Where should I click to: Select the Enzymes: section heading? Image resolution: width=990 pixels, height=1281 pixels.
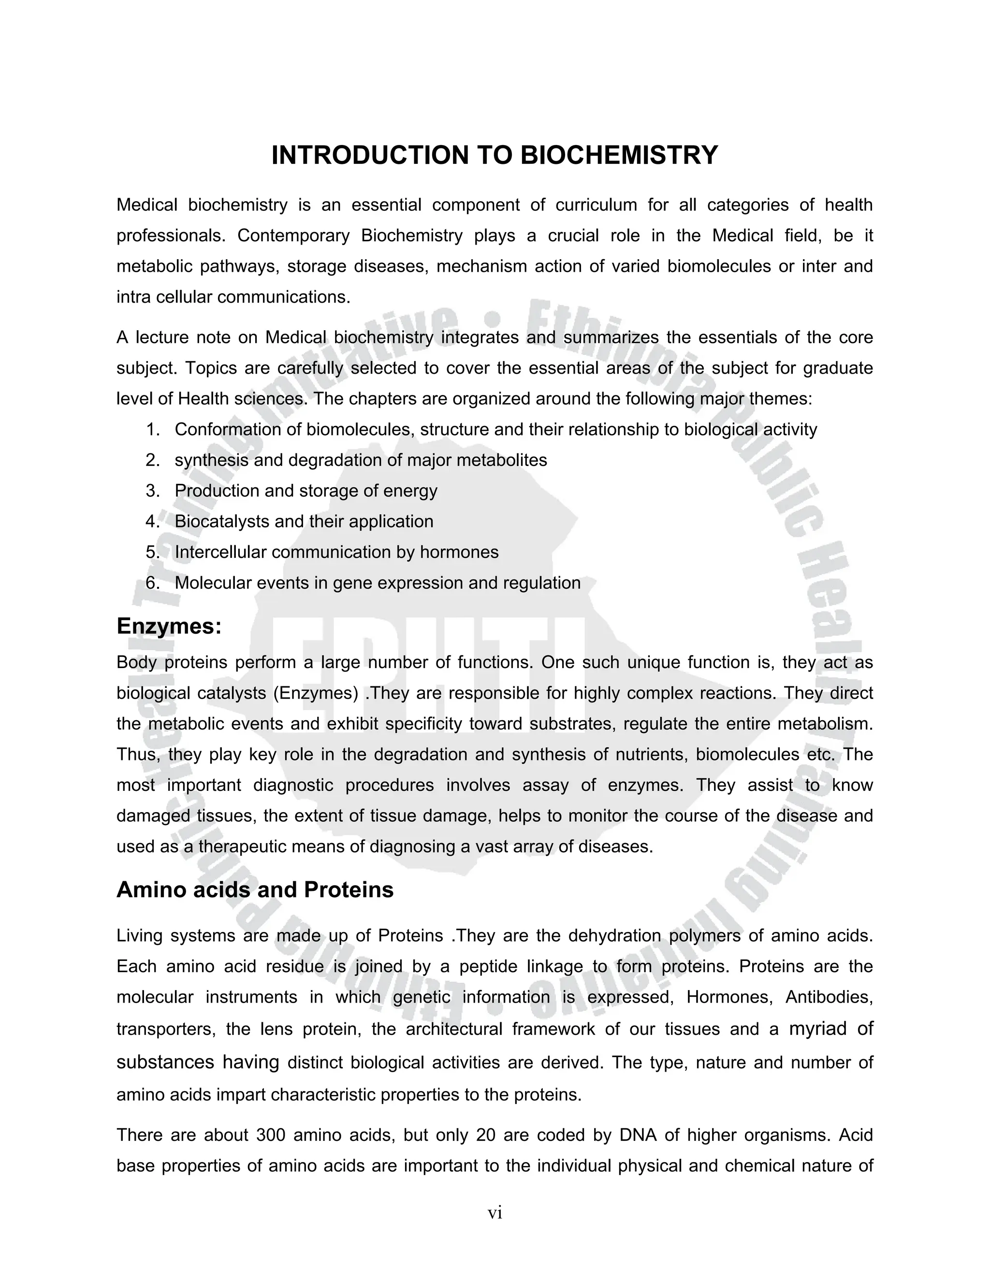pos(169,626)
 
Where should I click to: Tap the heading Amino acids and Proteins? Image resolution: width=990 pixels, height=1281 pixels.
pos(255,890)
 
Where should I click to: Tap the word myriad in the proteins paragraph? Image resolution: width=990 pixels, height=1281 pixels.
pos(817,1028)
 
